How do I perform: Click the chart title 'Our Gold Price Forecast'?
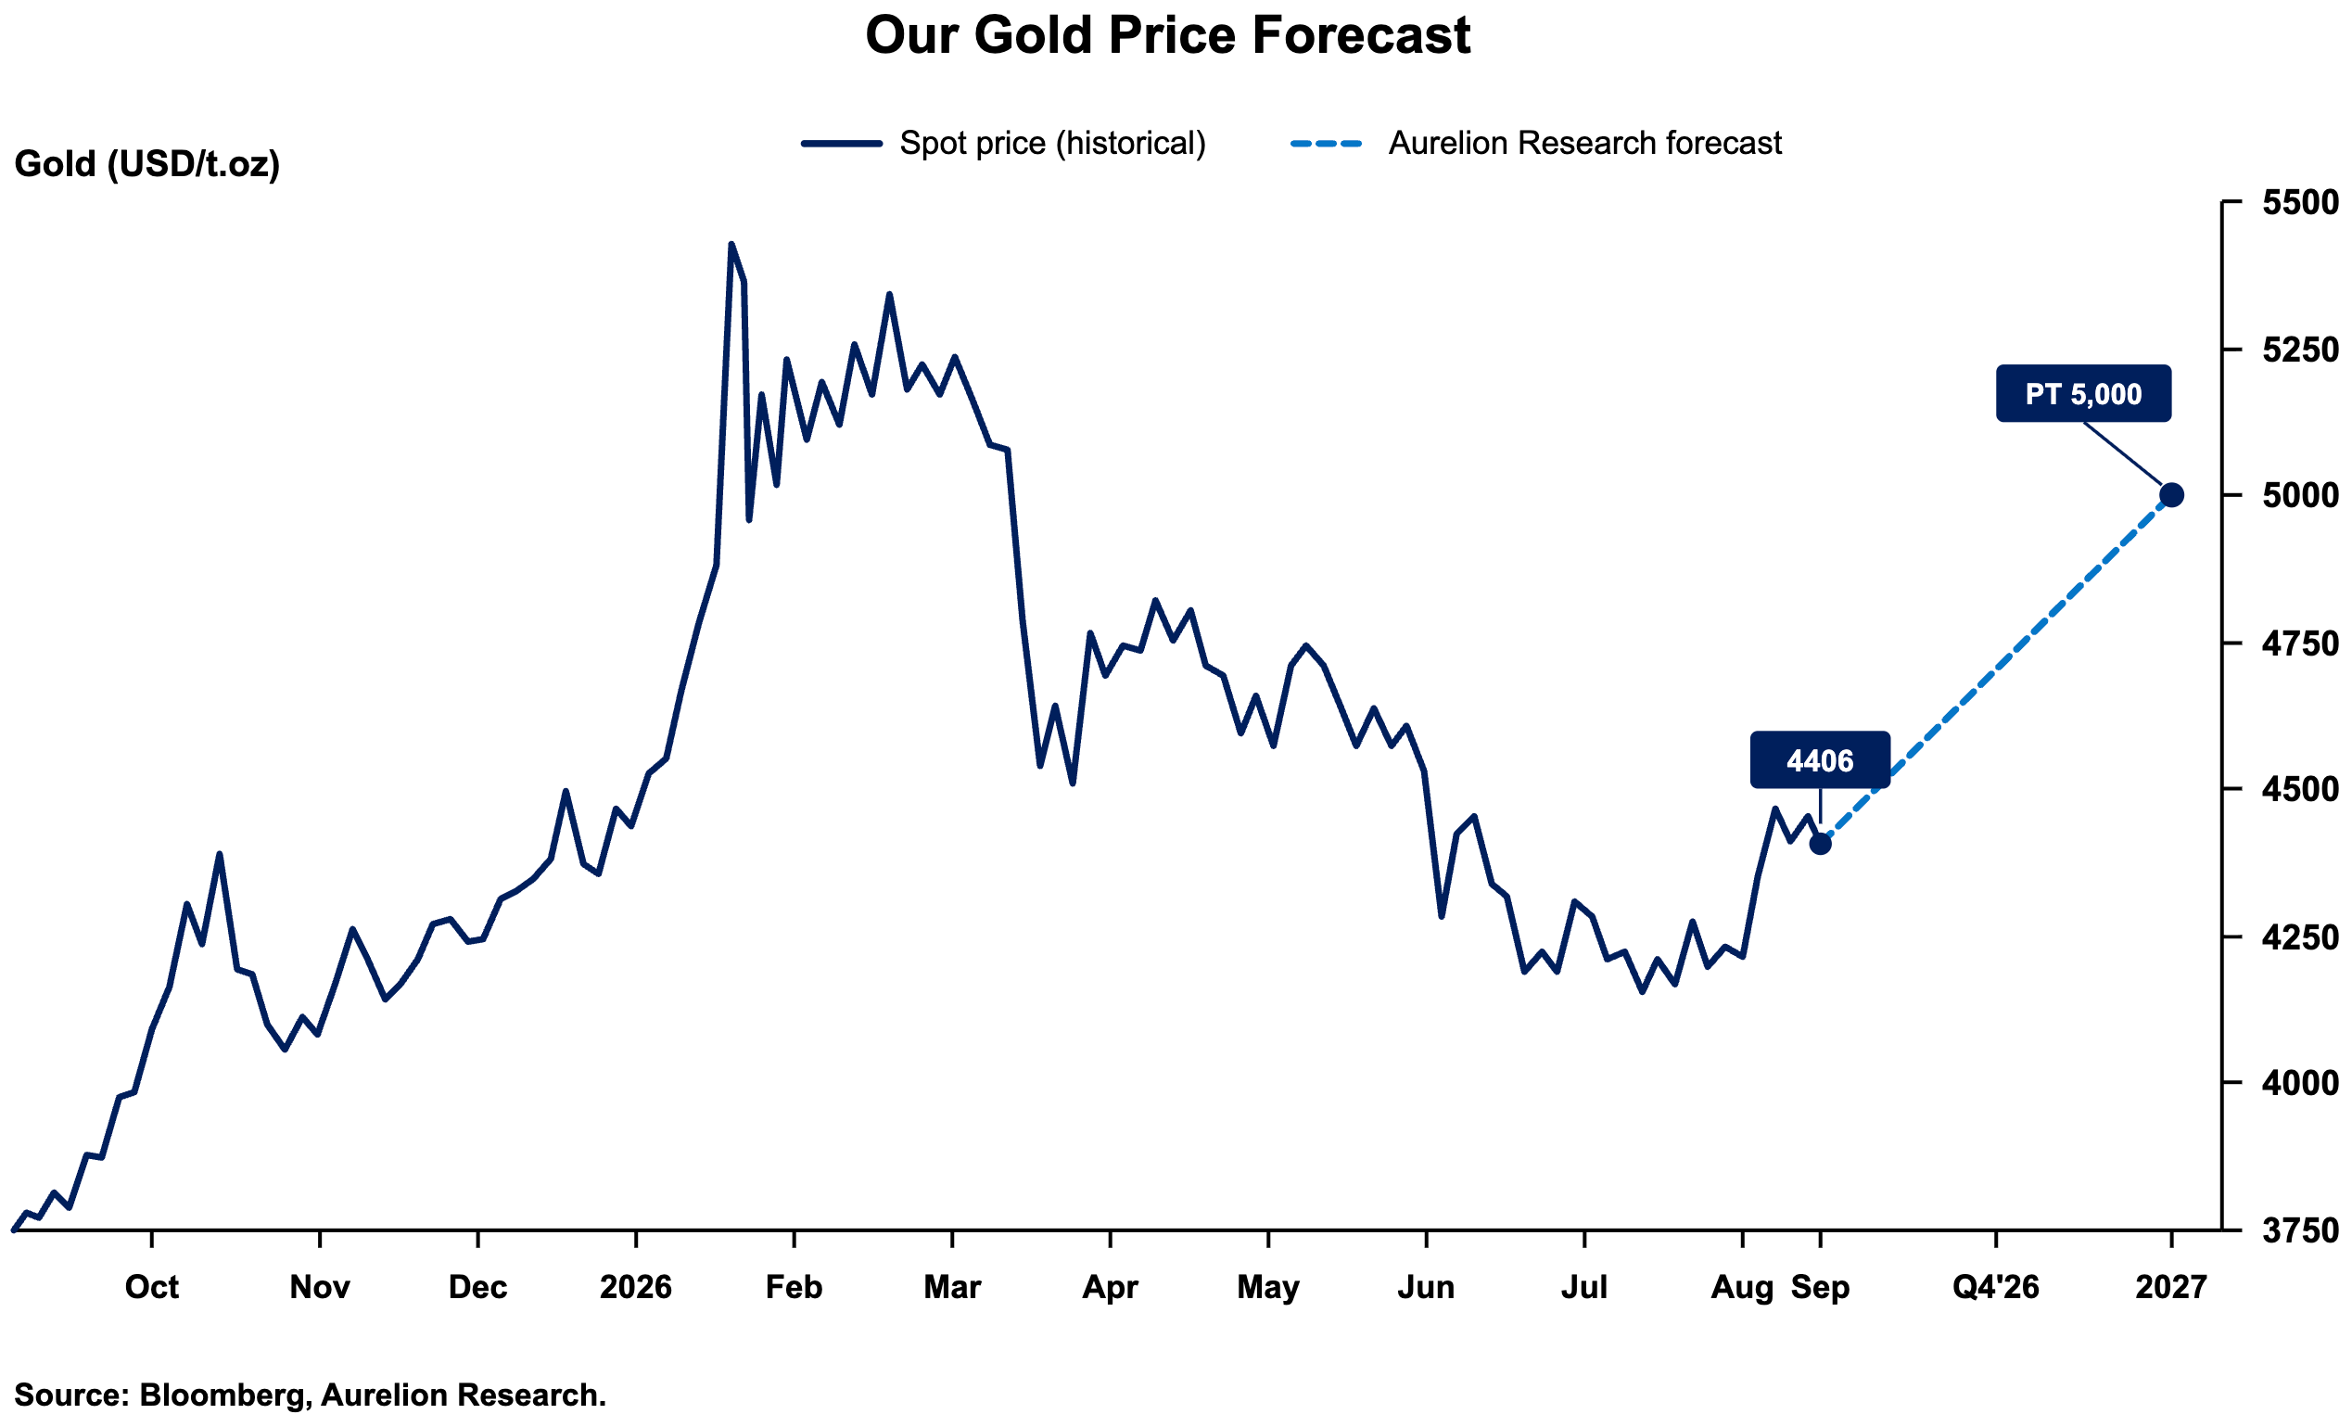click(1167, 35)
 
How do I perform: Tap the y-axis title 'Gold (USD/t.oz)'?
click(147, 164)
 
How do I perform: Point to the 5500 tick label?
click(2300, 202)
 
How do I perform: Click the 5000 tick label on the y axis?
click(2300, 495)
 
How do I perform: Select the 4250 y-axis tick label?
click(2300, 936)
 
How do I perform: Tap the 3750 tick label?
click(2300, 1230)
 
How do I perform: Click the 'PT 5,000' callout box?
click(2084, 393)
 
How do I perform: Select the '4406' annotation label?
click(1820, 759)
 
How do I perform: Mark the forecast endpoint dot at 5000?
click(2171, 495)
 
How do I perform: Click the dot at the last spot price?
click(1820, 844)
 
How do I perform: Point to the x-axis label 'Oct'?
click(152, 1288)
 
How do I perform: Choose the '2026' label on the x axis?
click(636, 1288)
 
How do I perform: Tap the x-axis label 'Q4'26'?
click(1996, 1288)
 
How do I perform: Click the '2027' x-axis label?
click(2171, 1288)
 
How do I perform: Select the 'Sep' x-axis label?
click(1820, 1288)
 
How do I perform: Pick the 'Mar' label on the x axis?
click(952, 1288)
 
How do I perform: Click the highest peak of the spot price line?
click(731, 245)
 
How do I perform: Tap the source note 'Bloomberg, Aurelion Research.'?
click(373, 1395)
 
